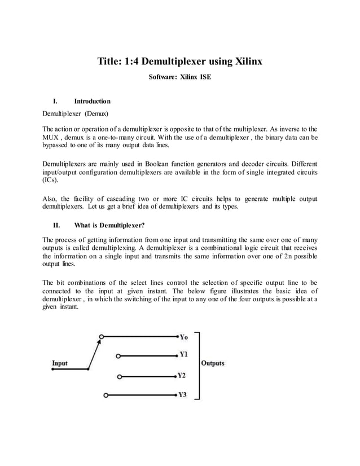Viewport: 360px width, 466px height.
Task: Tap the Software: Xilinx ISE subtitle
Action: [x=180, y=76]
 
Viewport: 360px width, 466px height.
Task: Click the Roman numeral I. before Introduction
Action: [x=55, y=102]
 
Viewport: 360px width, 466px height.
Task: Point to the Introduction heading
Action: [x=93, y=102]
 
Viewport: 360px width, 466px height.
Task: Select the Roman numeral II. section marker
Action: [x=56, y=225]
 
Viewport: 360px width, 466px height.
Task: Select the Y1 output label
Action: [x=184, y=355]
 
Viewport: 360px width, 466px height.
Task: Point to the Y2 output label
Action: [x=182, y=375]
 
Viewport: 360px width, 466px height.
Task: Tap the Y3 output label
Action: [x=182, y=395]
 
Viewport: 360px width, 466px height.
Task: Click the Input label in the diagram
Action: [x=60, y=363]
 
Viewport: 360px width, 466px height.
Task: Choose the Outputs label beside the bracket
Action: [x=213, y=363]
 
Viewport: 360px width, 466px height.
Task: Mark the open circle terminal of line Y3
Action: [x=106, y=395]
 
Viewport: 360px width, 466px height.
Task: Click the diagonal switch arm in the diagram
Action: [x=94, y=353]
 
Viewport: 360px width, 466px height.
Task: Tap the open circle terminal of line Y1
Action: [x=118, y=356]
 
